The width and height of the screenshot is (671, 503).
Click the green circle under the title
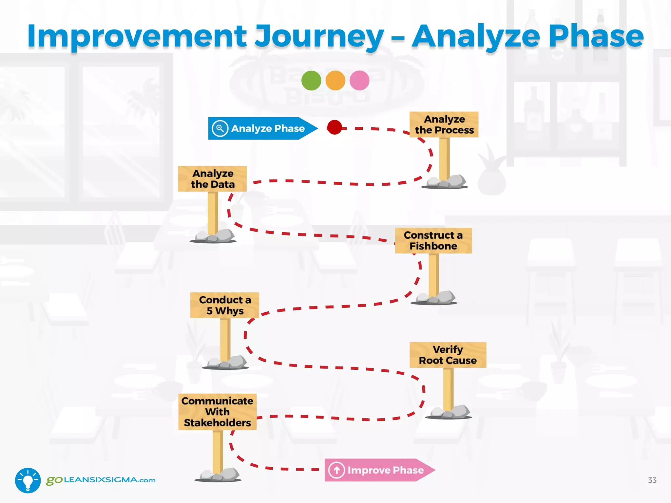pos(311,80)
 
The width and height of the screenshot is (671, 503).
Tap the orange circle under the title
pos(335,80)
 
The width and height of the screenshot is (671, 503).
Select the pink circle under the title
pos(359,80)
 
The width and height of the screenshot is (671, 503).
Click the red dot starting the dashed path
pos(335,127)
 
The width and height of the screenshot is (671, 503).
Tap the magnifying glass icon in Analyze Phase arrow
pos(220,128)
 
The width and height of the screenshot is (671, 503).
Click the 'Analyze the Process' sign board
pos(444,124)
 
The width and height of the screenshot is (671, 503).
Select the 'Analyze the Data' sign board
pos(212,179)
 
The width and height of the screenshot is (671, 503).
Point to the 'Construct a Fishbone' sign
pos(433,241)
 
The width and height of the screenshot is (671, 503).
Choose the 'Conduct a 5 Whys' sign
pos(225,305)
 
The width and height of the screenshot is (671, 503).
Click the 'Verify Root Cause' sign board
pos(448,355)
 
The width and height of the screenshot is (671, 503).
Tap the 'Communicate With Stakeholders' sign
pos(217,412)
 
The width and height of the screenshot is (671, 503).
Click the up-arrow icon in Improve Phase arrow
pos(336,470)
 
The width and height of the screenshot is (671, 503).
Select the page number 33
pos(652,480)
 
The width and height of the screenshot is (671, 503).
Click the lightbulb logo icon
pos(28,480)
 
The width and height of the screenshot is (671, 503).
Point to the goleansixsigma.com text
pos(101,480)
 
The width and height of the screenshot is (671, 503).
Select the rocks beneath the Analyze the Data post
pos(215,236)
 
